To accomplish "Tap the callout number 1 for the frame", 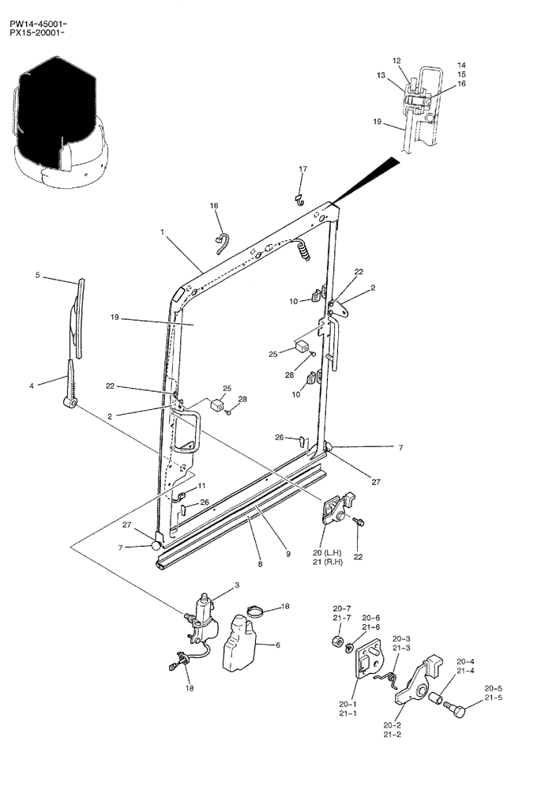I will tap(161, 233).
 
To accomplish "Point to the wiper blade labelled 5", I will tap(80, 316).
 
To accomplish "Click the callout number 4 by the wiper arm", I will tap(32, 386).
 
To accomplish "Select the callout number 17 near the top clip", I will tap(302, 169).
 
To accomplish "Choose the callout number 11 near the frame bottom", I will tap(202, 485).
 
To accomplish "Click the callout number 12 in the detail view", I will tap(396, 61).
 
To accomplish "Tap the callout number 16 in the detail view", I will tap(461, 83).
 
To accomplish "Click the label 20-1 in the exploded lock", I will tap(348, 703).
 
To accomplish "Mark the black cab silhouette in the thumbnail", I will tap(55, 111).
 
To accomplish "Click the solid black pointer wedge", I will tap(371, 179).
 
